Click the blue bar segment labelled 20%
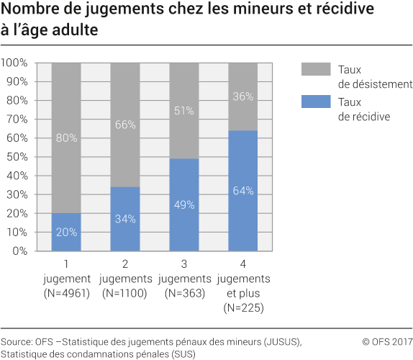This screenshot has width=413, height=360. coord(66,232)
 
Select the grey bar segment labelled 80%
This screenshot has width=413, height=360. coord(66,138)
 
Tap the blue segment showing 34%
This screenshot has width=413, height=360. coord(125,219)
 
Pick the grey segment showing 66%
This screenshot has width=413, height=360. coord(125,125)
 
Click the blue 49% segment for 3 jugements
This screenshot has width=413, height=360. coord(183,204)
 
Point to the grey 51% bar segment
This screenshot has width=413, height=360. coord(183,110)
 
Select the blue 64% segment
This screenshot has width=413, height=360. coord(242,191)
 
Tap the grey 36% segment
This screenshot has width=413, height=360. coord(242,96)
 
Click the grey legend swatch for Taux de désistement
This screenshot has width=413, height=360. coord(314,69)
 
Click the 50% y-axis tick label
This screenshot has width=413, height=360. coord(17,157)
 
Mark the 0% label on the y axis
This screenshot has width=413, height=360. coord(20,251)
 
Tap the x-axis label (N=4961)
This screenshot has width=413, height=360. coord(66,293)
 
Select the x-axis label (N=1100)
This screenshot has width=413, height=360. coord(125,293)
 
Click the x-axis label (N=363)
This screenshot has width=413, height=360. coord(183,293)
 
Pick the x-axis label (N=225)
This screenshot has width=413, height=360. coord(242,308)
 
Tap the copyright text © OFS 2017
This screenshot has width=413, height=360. coord(387,342)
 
